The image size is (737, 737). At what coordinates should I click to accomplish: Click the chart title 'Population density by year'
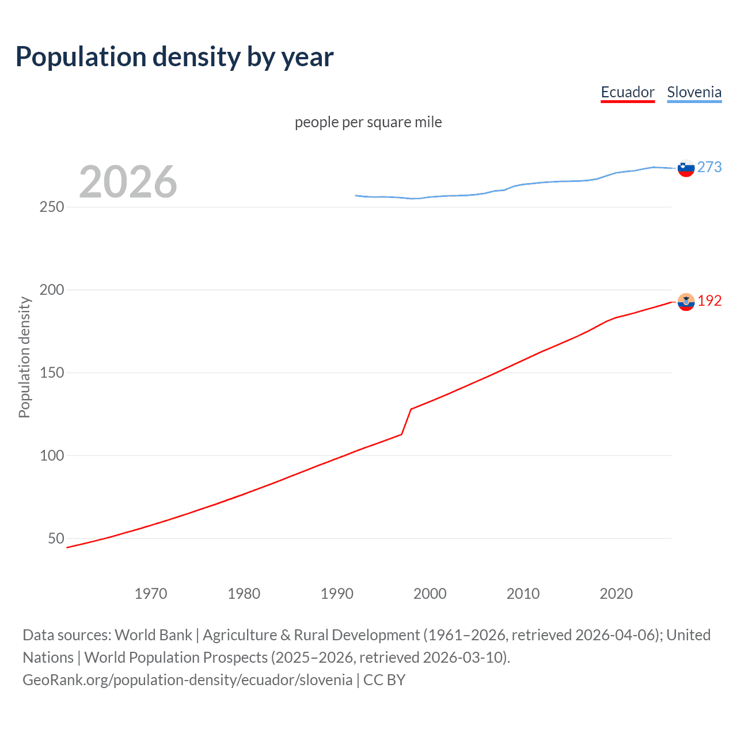[174, 57]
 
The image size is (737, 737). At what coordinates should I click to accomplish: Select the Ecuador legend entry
[628, 92]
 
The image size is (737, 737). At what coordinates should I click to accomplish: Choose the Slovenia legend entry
[694, 92]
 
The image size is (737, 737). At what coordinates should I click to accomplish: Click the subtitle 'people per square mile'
[368, 122]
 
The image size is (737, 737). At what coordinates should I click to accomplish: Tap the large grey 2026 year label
[128, 182]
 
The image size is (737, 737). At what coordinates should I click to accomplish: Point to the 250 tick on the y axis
[52, 207]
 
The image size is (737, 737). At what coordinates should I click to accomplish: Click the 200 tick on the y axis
[52, 290]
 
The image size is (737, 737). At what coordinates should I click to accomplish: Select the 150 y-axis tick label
[52, 373]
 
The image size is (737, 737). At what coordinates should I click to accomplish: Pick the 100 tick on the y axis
[52, 455]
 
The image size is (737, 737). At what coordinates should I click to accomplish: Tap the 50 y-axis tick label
[56, 538]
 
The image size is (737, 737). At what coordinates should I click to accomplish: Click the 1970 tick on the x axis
[151, 594]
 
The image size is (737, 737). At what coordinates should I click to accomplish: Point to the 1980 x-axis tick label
[244, 594]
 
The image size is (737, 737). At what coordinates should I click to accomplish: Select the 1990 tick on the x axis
[337, 594]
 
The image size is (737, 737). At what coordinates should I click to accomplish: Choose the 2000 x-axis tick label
[430, 594]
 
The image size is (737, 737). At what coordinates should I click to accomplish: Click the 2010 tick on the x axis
[523, 594]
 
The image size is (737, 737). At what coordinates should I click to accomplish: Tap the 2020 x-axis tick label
[616, 594]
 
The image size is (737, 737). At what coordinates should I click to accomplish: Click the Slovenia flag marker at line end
[686, 168]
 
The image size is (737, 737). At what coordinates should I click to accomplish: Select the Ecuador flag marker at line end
[686, 302]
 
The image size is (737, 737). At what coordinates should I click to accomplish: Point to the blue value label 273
[709, 167]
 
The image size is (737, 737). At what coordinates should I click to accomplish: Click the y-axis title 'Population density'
[24, 357]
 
